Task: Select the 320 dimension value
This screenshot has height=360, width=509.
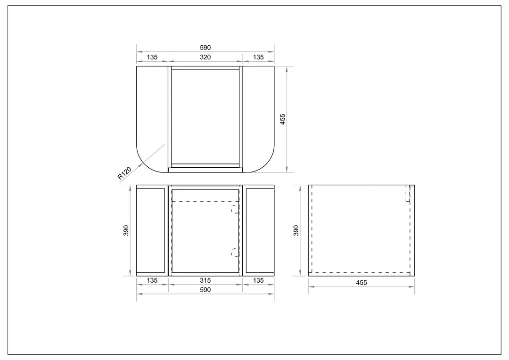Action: click(205, 57)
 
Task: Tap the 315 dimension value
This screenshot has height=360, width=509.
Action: click(205, 280)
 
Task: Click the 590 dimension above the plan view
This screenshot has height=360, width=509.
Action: click(205, 48)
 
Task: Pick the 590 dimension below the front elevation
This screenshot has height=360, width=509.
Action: click(205, 290)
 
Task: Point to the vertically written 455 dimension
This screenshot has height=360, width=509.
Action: click(283, 119)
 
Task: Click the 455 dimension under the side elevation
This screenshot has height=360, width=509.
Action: click(361, 283)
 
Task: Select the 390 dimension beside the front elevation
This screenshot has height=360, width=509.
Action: click(126, 230)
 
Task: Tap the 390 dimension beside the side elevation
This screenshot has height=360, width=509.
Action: click(296, 230)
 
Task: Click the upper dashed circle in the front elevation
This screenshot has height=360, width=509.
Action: click(235, 209)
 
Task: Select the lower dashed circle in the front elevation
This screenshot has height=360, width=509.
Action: click(235, 252)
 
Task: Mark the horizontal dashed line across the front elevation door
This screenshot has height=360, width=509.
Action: click(205, 201)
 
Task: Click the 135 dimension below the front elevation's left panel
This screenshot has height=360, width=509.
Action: click(152, 280)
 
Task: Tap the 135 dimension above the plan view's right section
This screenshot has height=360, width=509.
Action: click(258, 57)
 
